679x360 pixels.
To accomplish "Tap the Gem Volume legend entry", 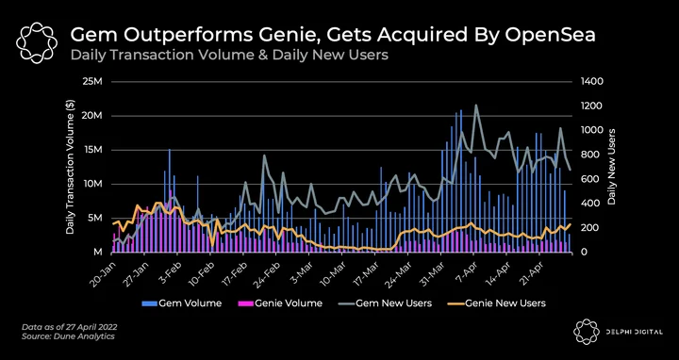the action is pyautogui.click(x=182, y=303).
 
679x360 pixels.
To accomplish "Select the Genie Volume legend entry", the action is pyautogui.click(x=281, y=303).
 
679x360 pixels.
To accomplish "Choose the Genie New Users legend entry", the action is pyautogui.click(x=497, y=303).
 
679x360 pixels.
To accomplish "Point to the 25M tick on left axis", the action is pyautogui.click(x=93, y=82).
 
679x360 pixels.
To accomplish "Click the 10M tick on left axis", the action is pyautogui.click(x=93, y=185).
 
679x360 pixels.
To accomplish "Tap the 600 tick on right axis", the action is pyautogui.click(x=586, y=179).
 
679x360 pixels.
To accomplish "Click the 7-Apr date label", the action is pyautogui.click(x=467, y=271).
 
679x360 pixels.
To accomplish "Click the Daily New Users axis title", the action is pyautogui.click(x=612, y=167).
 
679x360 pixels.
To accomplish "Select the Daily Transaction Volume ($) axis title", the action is pyautogui.click(x=70, y=167).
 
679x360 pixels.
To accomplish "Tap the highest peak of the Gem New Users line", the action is pyautogui.click(x=476, y=105).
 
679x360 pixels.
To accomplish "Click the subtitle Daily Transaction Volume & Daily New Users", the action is pyautogui.click(x=229, y=56).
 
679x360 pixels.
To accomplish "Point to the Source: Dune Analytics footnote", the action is pyautogui.click(x=68, y=336).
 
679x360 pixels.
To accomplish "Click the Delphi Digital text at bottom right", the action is pyautogui.click(x=635, y=332).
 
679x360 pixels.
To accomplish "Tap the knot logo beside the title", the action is pyautogui.click(x=37, y=42).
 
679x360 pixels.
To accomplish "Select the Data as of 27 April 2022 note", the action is pyautogui.click(x=69, y=327).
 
